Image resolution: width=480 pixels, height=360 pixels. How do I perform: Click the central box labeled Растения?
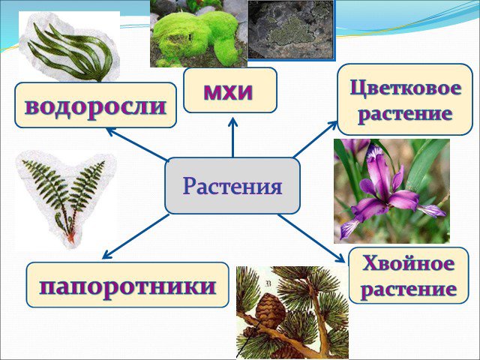coord(232,186)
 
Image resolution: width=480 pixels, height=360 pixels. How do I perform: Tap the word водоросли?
coord(95,106)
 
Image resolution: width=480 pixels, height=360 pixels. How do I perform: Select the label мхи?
coord(228,91)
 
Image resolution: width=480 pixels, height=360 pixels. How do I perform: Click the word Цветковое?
coord(406,88)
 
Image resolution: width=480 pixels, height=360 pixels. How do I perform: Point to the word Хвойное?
coord(408,263)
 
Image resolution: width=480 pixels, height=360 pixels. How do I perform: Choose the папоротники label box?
coord(127,285)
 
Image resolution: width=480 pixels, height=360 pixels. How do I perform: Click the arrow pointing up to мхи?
coord(233,137)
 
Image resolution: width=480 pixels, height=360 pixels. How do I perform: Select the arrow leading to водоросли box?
coord(137,145)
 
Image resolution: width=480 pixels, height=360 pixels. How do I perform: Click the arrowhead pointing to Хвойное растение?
coord(341,259)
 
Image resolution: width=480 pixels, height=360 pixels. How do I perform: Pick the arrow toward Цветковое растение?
coord(315,139)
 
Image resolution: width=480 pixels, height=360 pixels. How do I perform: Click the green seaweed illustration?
coord(70,52)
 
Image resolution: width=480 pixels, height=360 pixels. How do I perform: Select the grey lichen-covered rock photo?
coord(291,30)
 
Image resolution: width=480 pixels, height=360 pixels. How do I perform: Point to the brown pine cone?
coord(270,310)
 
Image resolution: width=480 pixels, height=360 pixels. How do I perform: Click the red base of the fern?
coord(70,237)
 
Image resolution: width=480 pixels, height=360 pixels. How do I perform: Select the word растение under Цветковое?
coord(405,114)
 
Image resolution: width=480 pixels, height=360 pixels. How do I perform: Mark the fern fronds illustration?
coord(65,196)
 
